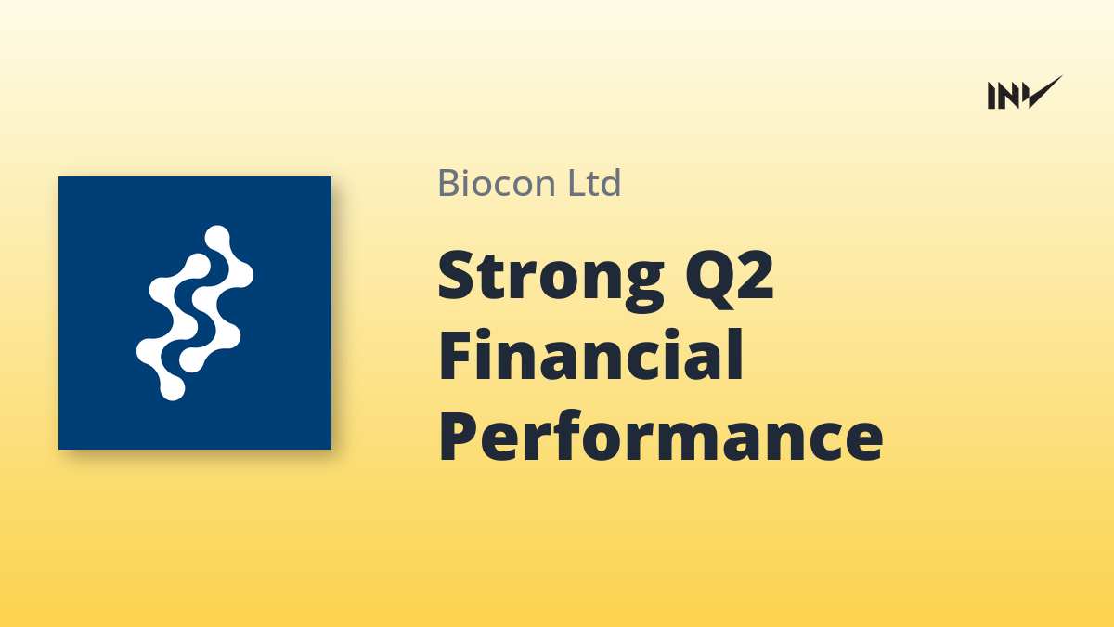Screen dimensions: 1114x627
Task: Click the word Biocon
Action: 497,183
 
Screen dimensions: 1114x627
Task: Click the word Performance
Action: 661,436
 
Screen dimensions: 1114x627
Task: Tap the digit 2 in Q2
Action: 755,274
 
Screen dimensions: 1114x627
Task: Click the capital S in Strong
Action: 456,274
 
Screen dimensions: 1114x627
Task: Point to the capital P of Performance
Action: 459,437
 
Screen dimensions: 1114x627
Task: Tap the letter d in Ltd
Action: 611,182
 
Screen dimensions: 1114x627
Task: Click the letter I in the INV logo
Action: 992,96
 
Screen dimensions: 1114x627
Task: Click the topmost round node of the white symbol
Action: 217,238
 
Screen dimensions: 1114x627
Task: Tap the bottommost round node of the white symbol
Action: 172,388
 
